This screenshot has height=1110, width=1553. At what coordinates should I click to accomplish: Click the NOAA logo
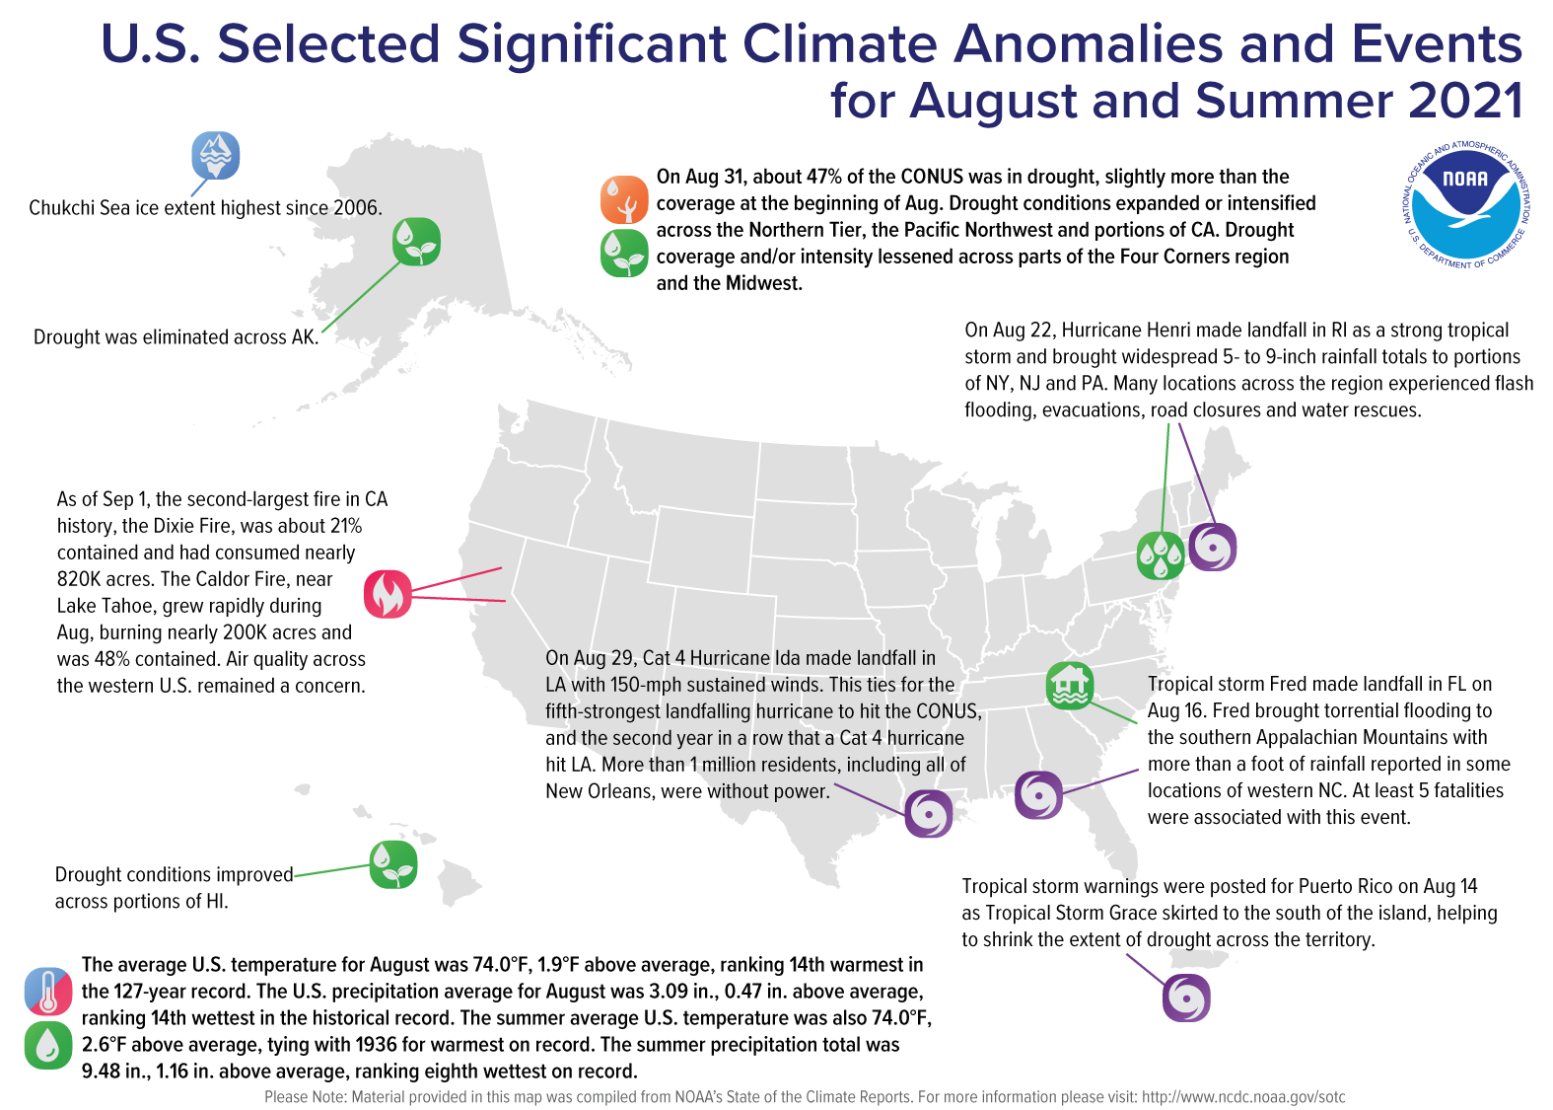[1466, 205]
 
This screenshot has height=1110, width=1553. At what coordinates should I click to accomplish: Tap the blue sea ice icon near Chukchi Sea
[215, 156]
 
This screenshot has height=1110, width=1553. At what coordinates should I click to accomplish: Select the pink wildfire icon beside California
[388, 594]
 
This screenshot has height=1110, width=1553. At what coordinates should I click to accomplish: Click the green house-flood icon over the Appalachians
[1070, 686]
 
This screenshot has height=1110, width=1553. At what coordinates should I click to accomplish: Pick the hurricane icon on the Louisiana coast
[929, 814]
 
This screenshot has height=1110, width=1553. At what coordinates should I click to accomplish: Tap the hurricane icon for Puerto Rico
[1186, 998]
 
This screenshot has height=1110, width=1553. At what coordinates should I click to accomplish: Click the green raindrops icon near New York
[1161, 555]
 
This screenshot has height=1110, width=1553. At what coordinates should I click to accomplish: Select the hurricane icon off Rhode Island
[1212, 547]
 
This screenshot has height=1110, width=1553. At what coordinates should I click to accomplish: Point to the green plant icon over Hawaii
[393, 864]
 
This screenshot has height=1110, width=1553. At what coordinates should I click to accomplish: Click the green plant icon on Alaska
[416, 242]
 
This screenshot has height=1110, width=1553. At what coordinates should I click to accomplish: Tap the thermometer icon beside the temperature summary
[48, 992]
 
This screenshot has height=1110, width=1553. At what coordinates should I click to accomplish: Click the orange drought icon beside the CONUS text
[624, 200]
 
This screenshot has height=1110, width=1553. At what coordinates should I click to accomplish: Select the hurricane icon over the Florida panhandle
[1039, 794]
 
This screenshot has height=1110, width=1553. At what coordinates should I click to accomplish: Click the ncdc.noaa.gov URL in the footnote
[1242, 1097]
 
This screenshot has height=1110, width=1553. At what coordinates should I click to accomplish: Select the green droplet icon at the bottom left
[48, 1045]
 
